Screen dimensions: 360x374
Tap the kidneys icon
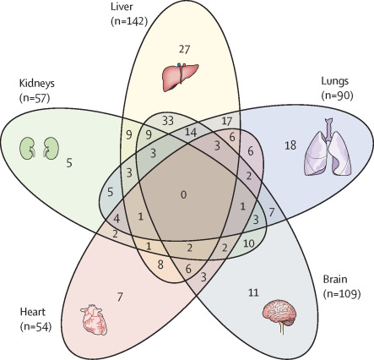(x=37, y=147)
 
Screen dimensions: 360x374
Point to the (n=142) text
(x=131, y=20)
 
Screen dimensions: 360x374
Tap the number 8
(x=160, y=265)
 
